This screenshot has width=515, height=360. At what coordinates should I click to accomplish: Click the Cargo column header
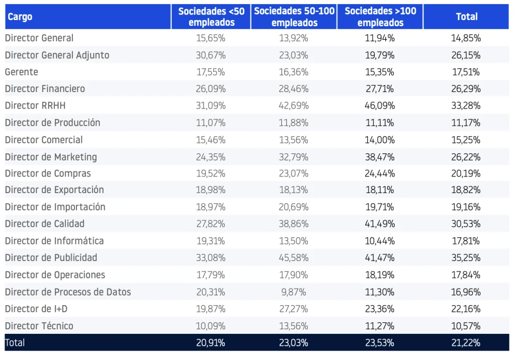point(20,17)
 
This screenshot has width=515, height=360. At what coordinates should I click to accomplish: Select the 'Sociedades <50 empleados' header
point(211,17)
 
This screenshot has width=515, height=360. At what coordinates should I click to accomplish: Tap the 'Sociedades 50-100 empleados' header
point(294,17)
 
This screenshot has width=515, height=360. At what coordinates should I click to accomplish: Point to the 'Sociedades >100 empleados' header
point(380,17)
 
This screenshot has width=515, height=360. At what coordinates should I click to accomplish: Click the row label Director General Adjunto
point(57,55)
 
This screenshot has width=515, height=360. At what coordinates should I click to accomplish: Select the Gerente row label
point(21,72)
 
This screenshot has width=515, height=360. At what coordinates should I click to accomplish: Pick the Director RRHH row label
point(35,106)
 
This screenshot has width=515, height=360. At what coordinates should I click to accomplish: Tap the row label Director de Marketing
point(51,157)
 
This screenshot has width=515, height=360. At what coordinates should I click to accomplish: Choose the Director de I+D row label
point(36,309)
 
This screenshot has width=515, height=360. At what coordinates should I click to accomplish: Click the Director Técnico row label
point(39,326)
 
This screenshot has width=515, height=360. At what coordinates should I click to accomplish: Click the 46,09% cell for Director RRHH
point(380,106)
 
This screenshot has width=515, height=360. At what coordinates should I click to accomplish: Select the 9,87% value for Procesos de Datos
point(294,292)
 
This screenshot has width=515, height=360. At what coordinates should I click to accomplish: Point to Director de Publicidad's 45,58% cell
point(294,258)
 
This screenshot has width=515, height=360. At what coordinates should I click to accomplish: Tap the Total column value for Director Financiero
point(466,89)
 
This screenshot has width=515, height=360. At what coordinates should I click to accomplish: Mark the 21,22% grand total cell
point(466,343)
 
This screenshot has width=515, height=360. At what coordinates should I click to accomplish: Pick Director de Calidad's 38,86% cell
point(294,224)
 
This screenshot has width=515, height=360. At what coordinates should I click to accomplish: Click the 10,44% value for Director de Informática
point(380,241)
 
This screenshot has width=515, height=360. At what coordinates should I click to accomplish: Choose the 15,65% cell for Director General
point(211,38)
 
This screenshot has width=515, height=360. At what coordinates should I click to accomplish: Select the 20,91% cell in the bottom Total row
point(211,343)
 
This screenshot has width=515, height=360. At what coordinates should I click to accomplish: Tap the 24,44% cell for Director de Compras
point(380,173)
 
